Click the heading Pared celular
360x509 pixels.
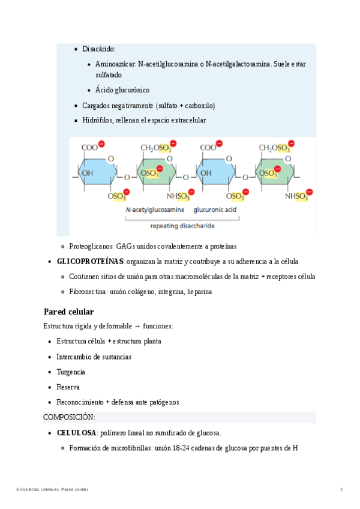(68, 312)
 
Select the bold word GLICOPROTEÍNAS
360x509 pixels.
(90, 262)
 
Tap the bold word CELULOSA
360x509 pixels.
(76, 433)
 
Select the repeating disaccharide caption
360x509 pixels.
(182, 226)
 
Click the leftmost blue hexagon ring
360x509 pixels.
(95, 175)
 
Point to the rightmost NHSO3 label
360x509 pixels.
(296, 196)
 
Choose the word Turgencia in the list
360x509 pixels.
(71, 372)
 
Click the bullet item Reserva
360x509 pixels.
(68, 387)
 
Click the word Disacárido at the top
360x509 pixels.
(99, 49)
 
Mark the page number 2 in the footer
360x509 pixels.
(341, 490)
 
